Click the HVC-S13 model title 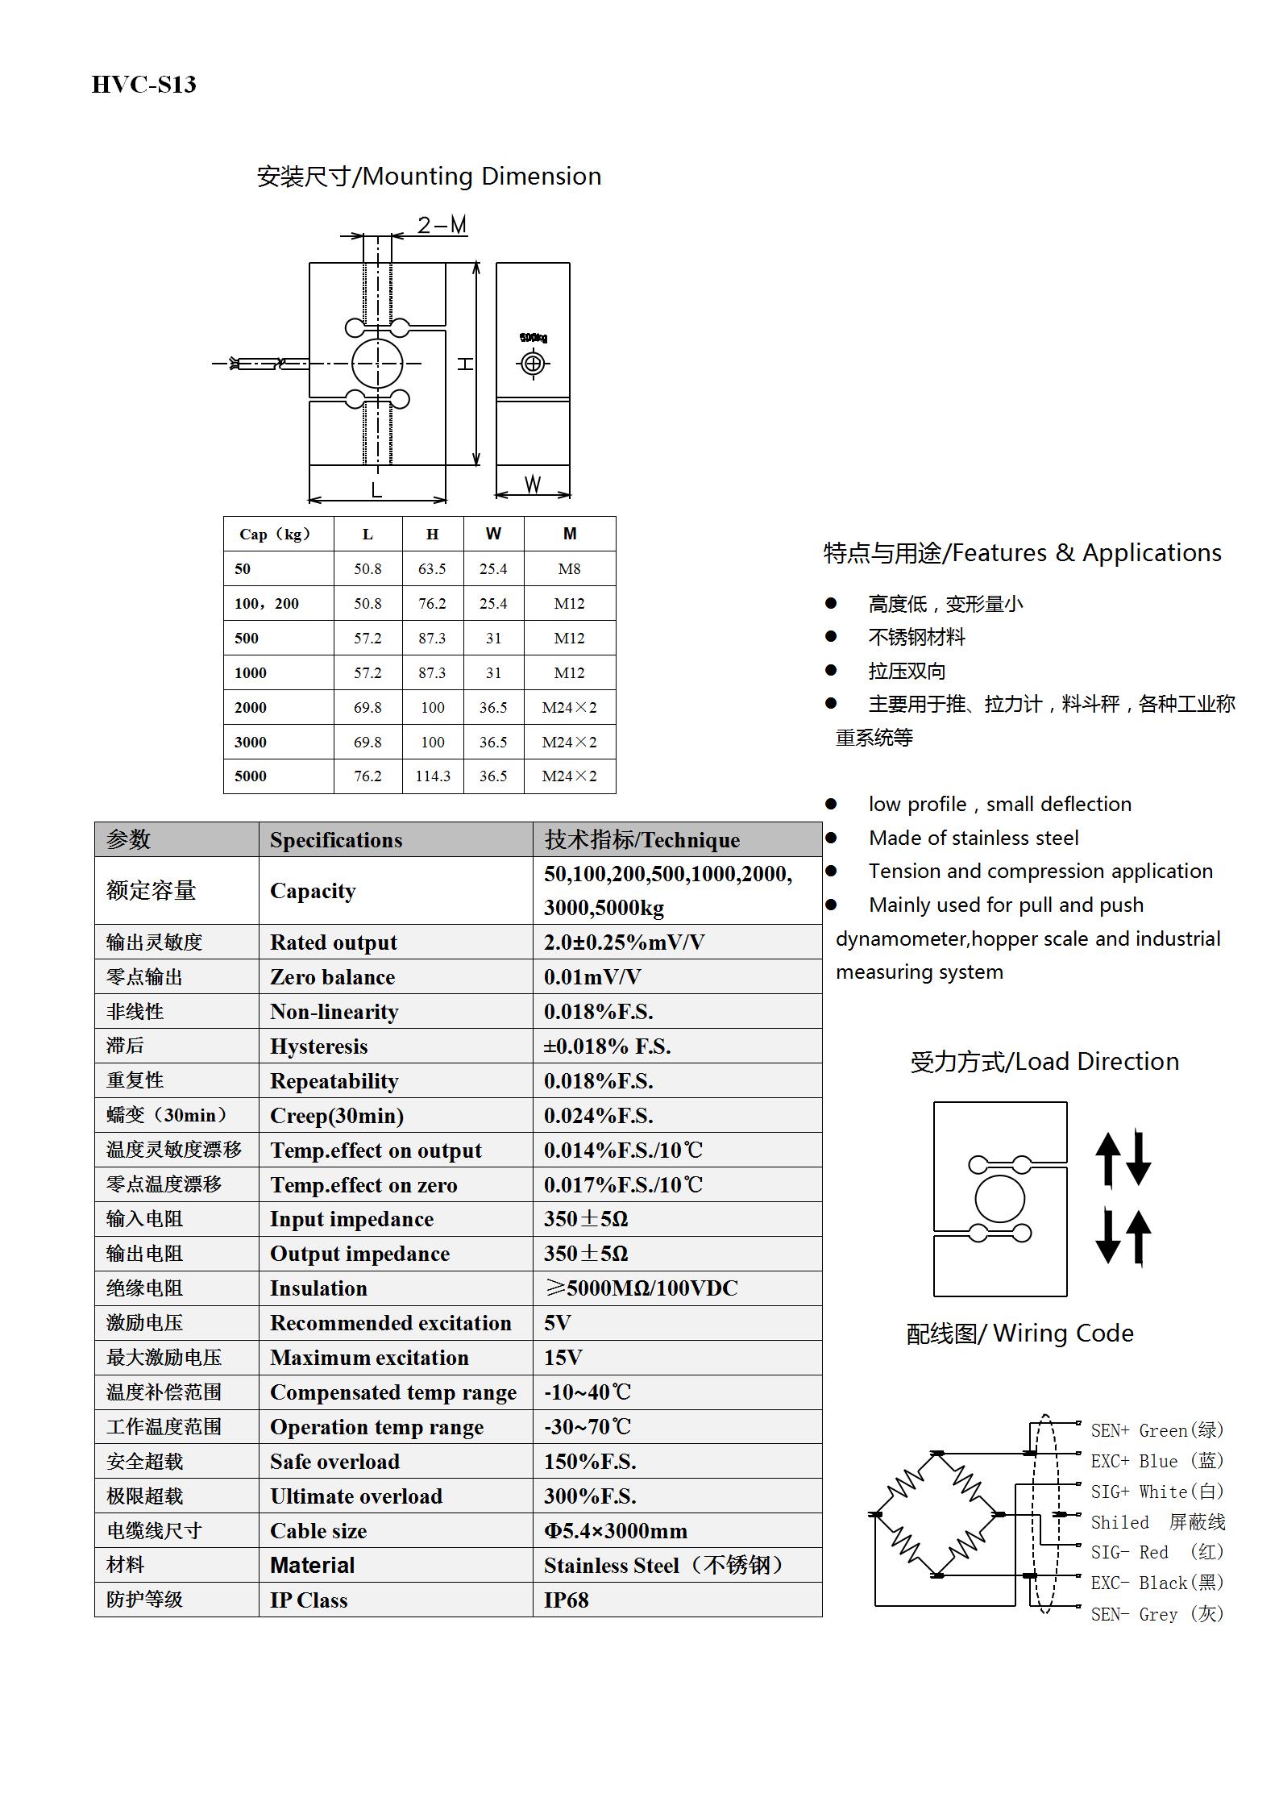pos(143,85)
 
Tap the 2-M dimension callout pos(442,225)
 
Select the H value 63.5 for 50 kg pos(432,569)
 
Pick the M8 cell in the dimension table pos(569,569)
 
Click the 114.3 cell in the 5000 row pos(433,776)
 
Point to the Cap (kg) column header pos(275,535)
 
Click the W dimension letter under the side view pos(533,485)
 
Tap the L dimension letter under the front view pos(376,489)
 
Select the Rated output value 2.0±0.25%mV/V pos(624,942)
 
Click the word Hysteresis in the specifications pos(318,1046)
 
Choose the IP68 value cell pos(566,1600)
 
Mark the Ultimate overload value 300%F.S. pos(590,1496)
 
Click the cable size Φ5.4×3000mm pos(615,1531)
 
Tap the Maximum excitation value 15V pos(563,1358)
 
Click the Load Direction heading pos(1044,1062)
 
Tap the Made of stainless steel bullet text pos(974,838)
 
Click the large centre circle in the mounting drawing pos(377,364)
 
